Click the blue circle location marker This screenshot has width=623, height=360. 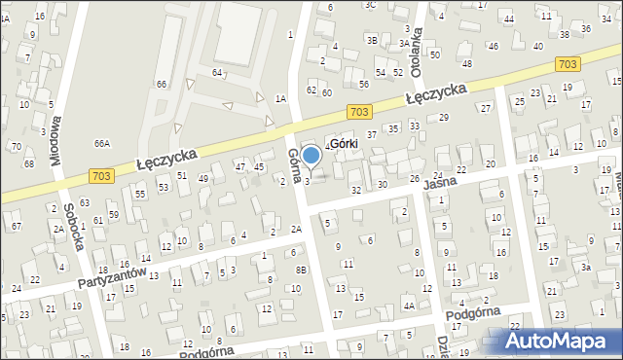pos(311,154)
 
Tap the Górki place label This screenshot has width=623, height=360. pos(342,144)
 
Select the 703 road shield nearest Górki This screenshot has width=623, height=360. pos(359,113)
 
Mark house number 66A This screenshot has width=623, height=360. pos(101,143)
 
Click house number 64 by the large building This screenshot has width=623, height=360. pos(218,73)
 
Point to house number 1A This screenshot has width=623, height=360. pos(280,98)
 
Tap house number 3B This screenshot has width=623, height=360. pos(372,40)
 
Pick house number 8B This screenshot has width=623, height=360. pos(301,270)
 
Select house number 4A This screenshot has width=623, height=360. pos(410,306)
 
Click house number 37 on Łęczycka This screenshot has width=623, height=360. pos(371,133)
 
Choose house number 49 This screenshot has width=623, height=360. pos(203,178)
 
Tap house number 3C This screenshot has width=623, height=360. pos(370,5)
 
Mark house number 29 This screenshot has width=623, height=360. pos(444,117)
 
